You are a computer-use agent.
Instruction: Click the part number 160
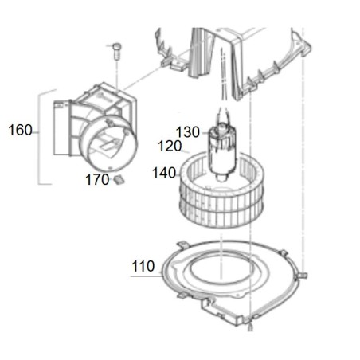pyautogui.click(x=21, y=130)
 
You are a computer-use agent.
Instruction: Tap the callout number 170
pyautogui.click(x=96, y=180)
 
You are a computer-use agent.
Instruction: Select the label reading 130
pyautogui.click(x=188, y=132)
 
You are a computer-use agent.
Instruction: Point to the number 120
pyautogui.click(x=170, y=147)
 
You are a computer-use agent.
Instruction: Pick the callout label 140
pyautogui.click(x=166, y=171)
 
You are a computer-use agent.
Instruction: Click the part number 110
pyautogui.click(x=143, y=268)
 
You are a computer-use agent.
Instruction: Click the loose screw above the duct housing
pyautogui.click(x=116, y=52)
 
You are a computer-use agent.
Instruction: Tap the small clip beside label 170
pyautogui.click(x=119, y=180)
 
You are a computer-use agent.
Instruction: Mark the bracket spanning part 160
pyautogui.click(x=40, y=135)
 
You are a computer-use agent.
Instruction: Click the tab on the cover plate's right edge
pyautogui.click(x=300, y=276)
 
